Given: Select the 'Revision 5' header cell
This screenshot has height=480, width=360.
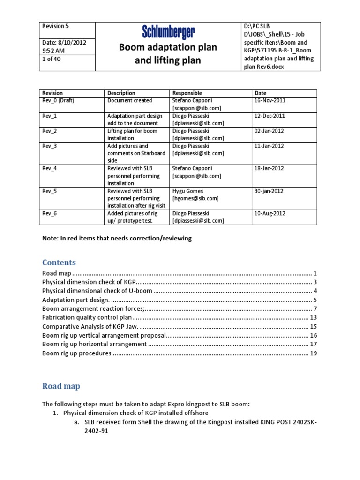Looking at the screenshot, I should coord(55,26).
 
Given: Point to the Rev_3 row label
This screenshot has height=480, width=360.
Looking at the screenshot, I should coord(49,146).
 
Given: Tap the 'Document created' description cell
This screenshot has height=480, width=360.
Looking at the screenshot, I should coord(129,100).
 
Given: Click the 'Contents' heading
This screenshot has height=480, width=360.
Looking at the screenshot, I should coord(59,262).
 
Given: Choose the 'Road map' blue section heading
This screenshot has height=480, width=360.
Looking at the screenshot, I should coord(61,386).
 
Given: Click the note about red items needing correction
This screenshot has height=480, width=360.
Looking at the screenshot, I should coord(117,238).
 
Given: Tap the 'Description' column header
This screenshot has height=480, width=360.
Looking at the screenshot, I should coord(121,93).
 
